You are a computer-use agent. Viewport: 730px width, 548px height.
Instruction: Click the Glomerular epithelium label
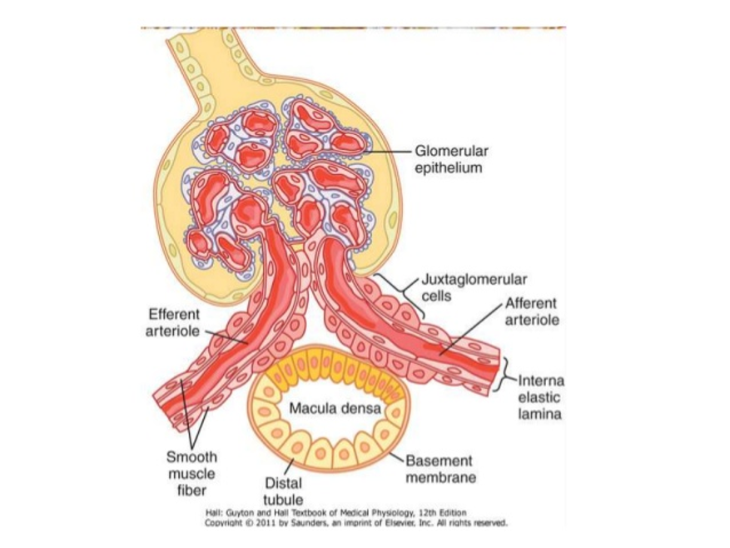point(451,159)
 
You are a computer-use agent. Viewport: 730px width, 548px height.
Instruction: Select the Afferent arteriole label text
point(530,311)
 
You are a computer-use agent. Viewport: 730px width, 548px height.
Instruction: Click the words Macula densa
point(335,409)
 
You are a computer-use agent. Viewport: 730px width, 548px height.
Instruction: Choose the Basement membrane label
point(440,469)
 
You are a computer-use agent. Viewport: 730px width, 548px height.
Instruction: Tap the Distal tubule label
point(283,491)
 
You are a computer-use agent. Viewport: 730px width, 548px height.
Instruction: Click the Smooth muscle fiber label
point(191,473)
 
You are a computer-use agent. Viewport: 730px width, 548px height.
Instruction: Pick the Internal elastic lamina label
point(539,397)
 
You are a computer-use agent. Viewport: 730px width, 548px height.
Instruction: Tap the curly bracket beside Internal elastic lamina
point(504,375)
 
